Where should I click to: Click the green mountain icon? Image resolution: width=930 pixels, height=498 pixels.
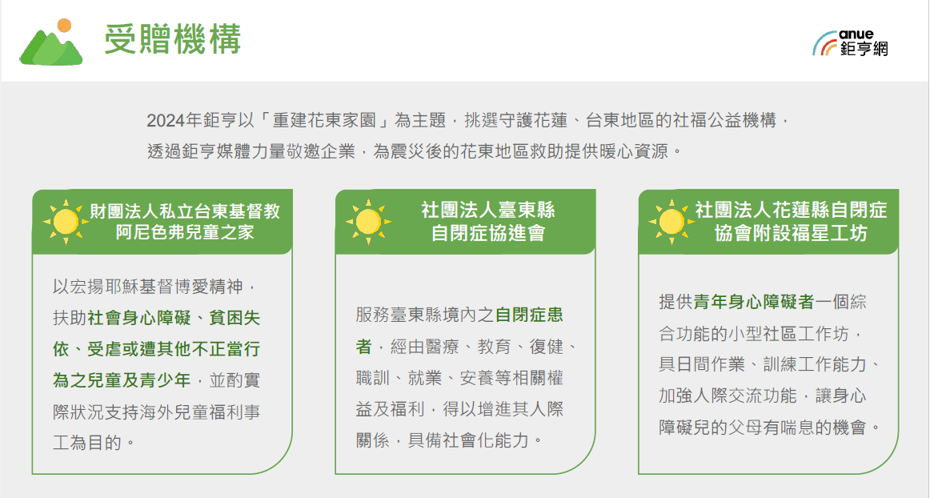(x=51, y=47)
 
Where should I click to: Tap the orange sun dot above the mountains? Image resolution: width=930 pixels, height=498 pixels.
(x=64, y=26)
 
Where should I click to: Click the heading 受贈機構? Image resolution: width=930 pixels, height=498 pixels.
(x=173, y=40)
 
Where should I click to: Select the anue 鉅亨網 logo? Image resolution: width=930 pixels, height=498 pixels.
(x=850, y=43)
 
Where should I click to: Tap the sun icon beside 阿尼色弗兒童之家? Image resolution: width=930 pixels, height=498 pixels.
(x=66, y=222)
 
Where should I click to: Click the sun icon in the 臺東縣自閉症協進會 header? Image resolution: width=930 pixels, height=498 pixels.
(x=368, y=222)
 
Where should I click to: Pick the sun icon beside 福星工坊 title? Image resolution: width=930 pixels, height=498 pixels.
(x=671, y=222)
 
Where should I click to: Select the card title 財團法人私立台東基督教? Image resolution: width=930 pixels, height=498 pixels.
(x=184, y=211)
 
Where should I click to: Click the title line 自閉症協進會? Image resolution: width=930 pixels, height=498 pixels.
(x=487, y=233)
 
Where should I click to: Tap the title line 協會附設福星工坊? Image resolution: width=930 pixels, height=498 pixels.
(x=791, y=233)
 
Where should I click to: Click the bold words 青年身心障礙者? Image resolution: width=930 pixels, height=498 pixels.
(x=754, y=302)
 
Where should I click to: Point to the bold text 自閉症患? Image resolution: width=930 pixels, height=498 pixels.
(x=529, y=315)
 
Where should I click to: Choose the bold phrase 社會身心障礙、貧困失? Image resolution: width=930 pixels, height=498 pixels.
(x=174, y=318)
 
